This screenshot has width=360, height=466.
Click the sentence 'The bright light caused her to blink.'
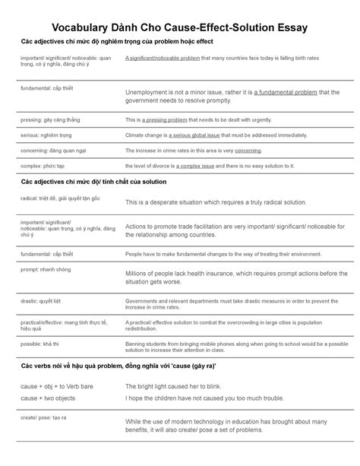(x=178, y=386)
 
